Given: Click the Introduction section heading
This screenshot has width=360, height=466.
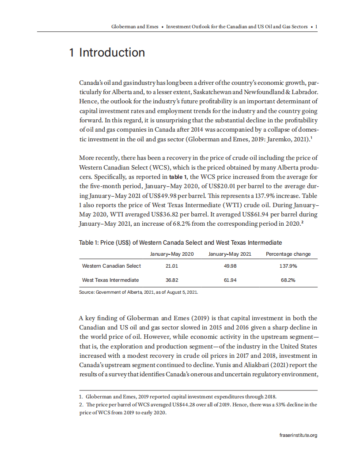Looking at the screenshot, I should pos(107,53).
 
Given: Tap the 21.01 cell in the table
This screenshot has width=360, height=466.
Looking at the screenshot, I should pos(172,266).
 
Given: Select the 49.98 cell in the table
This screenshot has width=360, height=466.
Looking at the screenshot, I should pos(230,266).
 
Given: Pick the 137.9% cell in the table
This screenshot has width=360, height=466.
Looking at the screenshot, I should pos(288,266).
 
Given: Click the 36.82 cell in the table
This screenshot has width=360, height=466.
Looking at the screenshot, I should pos(172,280).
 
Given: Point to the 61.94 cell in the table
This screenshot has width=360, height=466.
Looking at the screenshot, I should pos(230,280).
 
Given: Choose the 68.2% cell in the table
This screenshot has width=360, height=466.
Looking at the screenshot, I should pos(288,280).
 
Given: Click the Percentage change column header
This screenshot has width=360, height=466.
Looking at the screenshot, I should pos(288,254).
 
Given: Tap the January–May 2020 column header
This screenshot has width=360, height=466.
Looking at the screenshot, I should pos(172,254).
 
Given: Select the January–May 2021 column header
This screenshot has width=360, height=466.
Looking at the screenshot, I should pos(230,254).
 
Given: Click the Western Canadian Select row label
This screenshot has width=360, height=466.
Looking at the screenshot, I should pos(111,266).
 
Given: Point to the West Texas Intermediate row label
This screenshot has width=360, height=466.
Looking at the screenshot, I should pos(110,280).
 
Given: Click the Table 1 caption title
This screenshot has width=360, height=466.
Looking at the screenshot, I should pos(180,242).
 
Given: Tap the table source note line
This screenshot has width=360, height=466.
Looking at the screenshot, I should pos(138,292).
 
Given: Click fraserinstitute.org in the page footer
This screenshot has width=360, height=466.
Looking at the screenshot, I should pos(298,435).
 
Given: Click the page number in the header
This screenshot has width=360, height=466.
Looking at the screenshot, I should pos(316,27).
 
